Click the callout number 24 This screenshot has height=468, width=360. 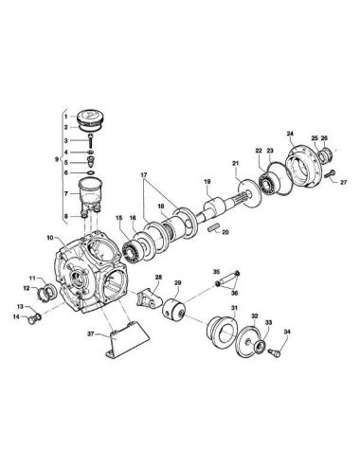tap(290, 134)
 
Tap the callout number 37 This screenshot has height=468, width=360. tap(91, 333)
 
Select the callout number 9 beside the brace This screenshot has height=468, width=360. tap(57, 159)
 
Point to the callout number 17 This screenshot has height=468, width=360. tap(144, 174)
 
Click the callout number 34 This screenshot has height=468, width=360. tap(287, 332)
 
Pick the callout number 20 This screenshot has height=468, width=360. tap(225, 232)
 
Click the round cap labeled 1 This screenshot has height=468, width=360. tap(91, 117)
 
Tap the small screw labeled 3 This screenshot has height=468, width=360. tap(91, 141)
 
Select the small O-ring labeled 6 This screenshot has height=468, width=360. tap(91, 172)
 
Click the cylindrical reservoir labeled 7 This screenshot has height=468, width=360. tap(91, 189)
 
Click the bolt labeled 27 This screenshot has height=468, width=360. tap(329, 173)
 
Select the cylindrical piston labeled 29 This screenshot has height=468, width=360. tap(173, 309)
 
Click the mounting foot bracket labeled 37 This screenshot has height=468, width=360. tap(126, 340)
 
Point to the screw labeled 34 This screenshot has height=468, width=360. tap(274, 353)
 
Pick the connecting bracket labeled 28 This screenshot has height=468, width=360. tap(149, 298)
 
